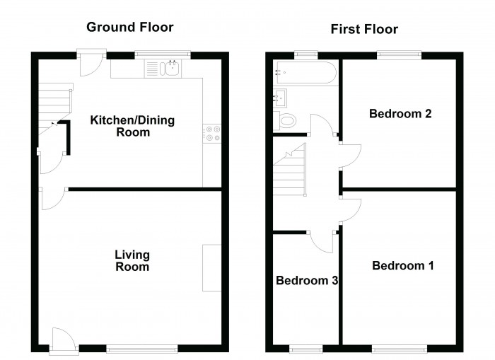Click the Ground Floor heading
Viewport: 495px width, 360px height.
[129, 27]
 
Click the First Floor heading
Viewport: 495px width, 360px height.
[364, 29]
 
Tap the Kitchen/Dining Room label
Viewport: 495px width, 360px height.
[132, 126]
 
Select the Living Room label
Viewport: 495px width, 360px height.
[132, 260]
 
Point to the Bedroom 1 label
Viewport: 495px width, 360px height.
[403, 265]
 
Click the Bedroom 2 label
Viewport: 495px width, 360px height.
[400, 114]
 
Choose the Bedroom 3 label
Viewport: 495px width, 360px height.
[307, 280]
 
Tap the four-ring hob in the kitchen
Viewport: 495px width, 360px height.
[212, 134]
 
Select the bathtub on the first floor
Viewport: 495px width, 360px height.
[306, 73]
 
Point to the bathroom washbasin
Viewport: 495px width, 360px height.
[280, 98]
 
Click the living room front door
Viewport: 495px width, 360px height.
[64, 339]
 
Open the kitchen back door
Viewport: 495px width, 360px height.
[91, 64]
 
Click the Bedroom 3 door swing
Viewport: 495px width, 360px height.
[321, 242]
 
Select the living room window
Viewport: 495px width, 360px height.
[142, 349]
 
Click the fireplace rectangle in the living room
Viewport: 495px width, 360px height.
[211, 268]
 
